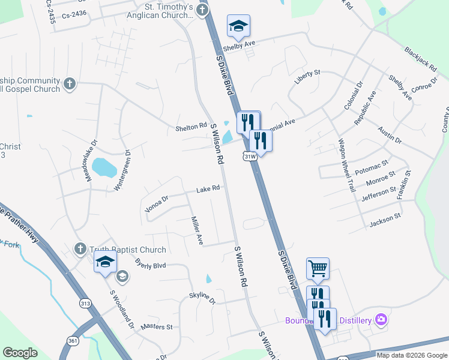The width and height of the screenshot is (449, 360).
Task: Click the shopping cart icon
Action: [x=318, y=268]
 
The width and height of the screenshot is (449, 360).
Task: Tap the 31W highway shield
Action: [x=251, y=156]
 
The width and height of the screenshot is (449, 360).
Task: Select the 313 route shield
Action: [x=85, y=304]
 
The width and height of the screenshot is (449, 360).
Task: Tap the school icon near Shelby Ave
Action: [x=238, y=26]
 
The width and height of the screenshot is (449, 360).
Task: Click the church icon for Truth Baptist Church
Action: [x=80, y=249]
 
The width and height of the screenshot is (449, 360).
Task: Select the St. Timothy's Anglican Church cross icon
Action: [x=202, y=10]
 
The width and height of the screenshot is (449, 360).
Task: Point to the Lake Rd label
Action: [x=208, y=189]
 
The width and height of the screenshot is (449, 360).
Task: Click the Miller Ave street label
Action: [x=196, y=230]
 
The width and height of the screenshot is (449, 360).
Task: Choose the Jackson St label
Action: [x=385, y=221]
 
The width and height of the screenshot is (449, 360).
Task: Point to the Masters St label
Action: [x=157, y=327]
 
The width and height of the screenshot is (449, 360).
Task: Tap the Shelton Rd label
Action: [x=191, y=127]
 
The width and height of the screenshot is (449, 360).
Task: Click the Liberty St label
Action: [x=308, y=73]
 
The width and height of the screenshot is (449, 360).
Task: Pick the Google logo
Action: [x=20, y=353]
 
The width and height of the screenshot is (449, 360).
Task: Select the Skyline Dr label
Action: [x=202, y=296]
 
